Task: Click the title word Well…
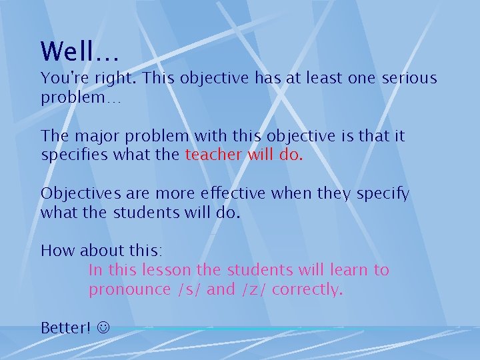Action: click(x=79, y=51)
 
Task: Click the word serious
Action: click(x=409, y=79)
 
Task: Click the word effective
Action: click(x=231, y=193)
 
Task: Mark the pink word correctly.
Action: click(x=307, y=290)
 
